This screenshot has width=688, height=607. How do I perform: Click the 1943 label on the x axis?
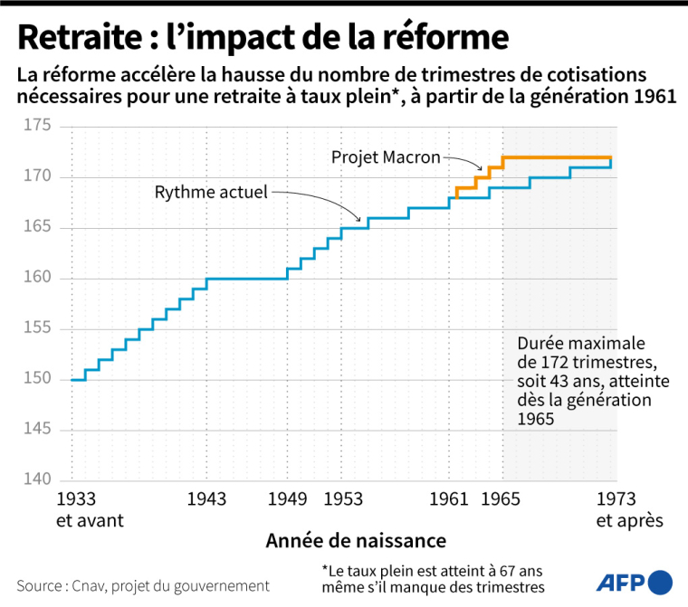coord(206,499)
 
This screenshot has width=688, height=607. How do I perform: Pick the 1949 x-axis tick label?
coord(287,499)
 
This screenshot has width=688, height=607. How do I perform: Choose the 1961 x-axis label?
coord(449,499)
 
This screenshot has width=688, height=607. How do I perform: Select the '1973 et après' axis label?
coord(629,509)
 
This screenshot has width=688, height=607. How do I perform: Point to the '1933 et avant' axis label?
coord(90,509)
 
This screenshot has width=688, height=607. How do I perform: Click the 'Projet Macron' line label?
coord(386,157)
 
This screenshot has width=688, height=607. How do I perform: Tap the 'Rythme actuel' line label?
coord(211,192)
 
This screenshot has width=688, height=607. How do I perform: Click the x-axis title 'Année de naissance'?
coord(356,541)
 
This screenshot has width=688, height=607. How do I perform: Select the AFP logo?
coord(634,582)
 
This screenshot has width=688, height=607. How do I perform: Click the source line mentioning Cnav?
coord(143,585)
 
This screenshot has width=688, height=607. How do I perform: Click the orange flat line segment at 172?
coord(557,157)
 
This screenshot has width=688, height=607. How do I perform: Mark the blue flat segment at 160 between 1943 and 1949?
coord(246,278)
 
